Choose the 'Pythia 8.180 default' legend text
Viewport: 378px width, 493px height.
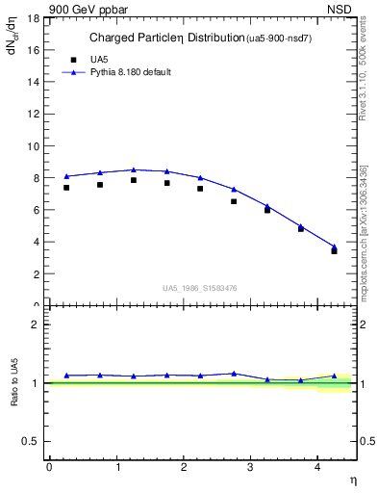tap(130, 72)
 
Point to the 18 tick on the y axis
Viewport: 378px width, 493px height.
tap(37, 18)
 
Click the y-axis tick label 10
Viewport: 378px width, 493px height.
tap(37, 146)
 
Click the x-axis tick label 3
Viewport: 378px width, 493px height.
tap(250, 467)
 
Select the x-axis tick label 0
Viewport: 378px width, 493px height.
tap(49, 467)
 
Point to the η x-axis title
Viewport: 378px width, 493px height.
tap(352, 480)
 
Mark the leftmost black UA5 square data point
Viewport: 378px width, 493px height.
tap(66, 188)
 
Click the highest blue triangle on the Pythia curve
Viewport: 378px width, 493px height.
tap(134, 169)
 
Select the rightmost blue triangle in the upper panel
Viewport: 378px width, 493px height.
tap(334, 246)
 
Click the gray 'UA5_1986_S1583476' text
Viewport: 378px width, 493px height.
tap(199, 286)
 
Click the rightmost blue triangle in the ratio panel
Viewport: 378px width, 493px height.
tap(334, 376)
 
